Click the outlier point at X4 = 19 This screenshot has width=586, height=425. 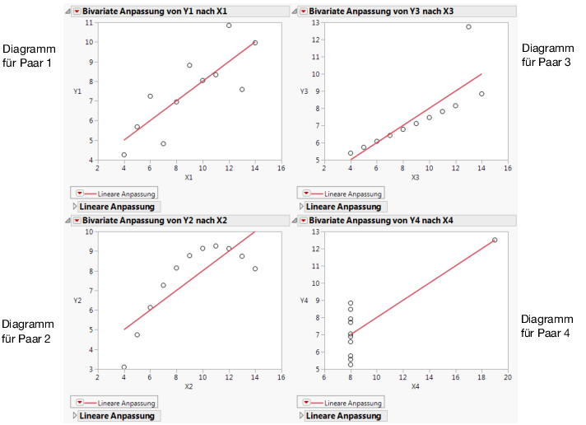tap(495, 240)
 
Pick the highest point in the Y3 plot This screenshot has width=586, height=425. tap(468, 26)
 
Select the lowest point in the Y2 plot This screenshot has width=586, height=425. tap(124, 367)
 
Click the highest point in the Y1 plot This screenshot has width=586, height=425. tap(229, 26)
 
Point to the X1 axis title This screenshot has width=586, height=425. tap(188, 177)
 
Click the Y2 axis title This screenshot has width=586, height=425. tap(77, 301)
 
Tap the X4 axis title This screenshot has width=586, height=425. tap(415, 386)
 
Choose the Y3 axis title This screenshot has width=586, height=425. tap(304, 91)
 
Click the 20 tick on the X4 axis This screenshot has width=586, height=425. tap(507, 377)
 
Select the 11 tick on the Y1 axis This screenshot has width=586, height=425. tap(89, 22)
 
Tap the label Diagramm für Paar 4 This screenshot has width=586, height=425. tap(546, 325)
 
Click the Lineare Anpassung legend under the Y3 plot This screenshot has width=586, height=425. tap(340, 194)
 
